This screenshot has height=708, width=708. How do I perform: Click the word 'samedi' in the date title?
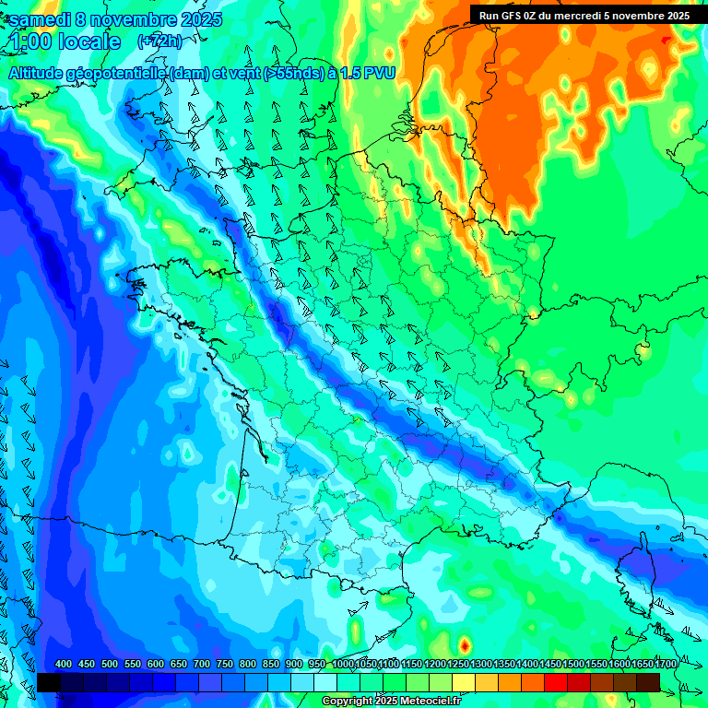click(x=41, y=19)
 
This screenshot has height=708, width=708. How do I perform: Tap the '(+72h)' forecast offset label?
click(x=159, y=41)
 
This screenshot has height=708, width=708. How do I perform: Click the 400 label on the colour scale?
click(x=64, y=665)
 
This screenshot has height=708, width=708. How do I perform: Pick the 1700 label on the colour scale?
click(x=666, y=665)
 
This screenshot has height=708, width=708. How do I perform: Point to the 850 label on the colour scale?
click(x=271, y=665)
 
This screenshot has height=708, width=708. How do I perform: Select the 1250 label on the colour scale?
click(x=457, y=665)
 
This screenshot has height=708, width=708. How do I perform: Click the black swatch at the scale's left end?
click(x=49, y=682)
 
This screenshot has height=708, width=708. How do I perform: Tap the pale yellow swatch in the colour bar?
click(x=464, y=682)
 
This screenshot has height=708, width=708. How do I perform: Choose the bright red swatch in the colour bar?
click(x=556, y=682)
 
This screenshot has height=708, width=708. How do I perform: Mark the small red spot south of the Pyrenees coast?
click(x=464, y=644)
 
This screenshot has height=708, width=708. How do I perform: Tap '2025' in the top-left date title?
click(x=195, y=19)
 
